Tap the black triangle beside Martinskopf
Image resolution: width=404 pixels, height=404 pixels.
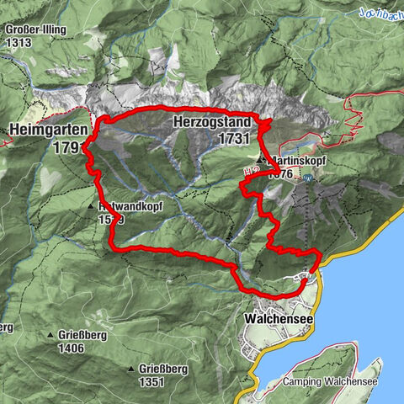pos(261,158)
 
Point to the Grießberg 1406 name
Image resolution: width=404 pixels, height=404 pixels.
pos(82,334)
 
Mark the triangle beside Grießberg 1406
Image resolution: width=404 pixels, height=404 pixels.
pos(50,334)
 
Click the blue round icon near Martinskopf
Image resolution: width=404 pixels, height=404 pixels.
pos(310,178)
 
